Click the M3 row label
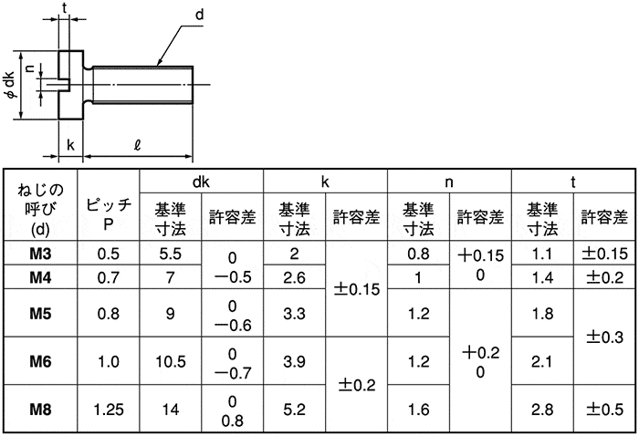[x=40, y=254]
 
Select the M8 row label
[x=40, y=410]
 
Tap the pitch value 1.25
[x=109, y=410]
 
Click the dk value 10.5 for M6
[x=171, y=361]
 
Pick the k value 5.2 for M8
[x=294, y=410]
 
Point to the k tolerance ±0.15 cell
[x=357, y=289]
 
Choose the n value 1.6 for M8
[x=418, y=410]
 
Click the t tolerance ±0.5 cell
[x=604, y=410]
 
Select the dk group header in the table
[x=202, y=182]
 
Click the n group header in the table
[x=449, y=182]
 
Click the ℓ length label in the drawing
[x=137, y=145]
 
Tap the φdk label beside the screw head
[x=10, y=86]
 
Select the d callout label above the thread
[x=199, y=16]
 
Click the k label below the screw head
[x=70, y=144]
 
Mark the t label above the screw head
[x=65, y=7]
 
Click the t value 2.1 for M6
[x=542, y=361]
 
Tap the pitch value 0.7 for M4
[x=109, y=277]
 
